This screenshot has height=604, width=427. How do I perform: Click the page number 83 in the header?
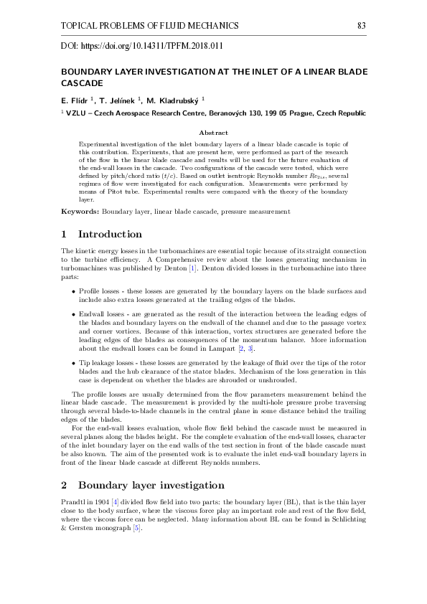[362, 26]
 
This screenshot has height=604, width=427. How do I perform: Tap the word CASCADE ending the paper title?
[83, 83]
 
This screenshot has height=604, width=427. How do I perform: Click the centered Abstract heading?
[213, 133]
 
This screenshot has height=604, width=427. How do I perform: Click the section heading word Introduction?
[110, 235]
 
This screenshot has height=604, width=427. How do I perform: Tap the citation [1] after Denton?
[192, 268]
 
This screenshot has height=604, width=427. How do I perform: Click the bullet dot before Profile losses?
[74, 292]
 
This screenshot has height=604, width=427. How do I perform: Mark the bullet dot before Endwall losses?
[74, 314]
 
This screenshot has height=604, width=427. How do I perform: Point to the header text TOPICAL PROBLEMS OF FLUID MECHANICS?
[150, 26]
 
